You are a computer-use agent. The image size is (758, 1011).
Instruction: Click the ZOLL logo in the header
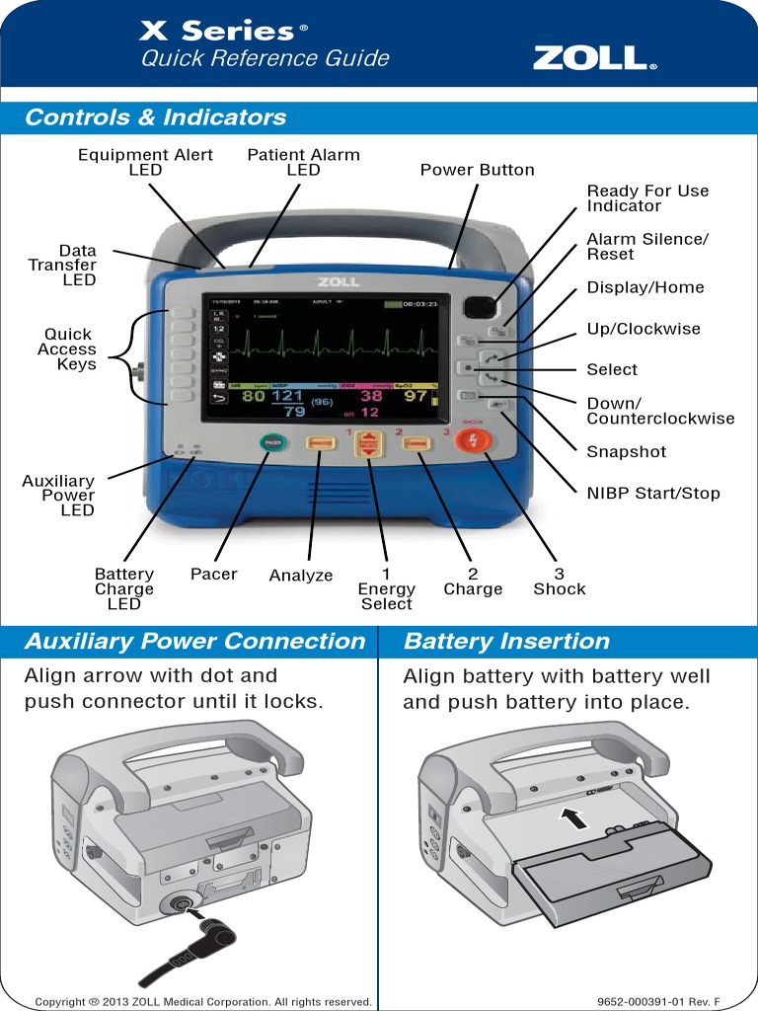pos(594,58)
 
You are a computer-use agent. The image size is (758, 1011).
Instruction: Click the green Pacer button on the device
pos(268,443)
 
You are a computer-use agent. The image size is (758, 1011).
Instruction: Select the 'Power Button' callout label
pos(477,170)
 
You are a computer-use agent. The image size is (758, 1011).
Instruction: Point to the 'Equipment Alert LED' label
pos(131,162)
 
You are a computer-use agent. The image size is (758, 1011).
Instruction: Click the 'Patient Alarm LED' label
pos(303,162)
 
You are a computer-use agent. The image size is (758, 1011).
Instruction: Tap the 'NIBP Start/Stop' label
pos(653,493)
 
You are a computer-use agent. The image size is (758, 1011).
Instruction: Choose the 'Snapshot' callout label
pos(627,451)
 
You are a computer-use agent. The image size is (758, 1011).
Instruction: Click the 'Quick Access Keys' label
pos(67,349)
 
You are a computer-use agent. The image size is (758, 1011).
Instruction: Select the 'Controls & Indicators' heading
pos(156,117)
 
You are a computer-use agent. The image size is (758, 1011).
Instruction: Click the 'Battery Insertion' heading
pos(506,641)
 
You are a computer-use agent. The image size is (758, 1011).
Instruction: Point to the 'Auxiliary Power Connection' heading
pos(194,641)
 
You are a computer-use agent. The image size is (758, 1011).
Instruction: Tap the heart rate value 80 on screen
pos(254,396)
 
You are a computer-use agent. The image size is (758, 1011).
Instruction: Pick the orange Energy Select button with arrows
pos(369,445)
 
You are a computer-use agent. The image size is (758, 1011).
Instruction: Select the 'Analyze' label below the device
pos(301,576)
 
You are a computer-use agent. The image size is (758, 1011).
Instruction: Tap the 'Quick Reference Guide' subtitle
pos(265,59)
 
